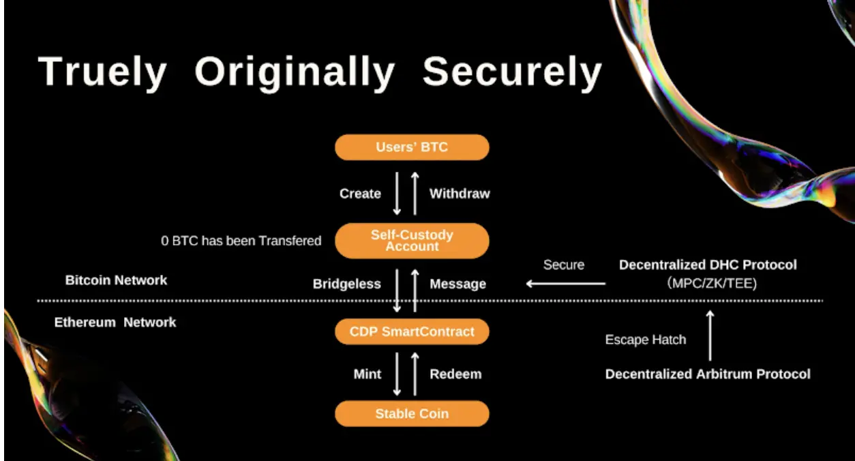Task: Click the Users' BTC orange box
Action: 412,147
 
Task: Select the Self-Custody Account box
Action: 412,241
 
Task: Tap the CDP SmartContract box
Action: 412,331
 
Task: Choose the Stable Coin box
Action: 412,414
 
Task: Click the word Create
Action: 360,194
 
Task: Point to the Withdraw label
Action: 460,194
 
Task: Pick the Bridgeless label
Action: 346,284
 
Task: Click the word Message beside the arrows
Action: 457,284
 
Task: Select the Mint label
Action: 367,374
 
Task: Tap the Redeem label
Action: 455,374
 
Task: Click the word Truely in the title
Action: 102,72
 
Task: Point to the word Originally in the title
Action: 295,72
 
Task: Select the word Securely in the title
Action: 512,72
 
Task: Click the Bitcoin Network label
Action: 116,280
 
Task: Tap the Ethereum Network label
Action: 115,322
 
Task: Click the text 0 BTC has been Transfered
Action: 241,241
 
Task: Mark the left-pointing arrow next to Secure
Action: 566,284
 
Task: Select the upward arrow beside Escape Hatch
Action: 710,336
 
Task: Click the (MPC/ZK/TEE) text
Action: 712,283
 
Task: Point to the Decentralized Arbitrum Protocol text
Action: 708,374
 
